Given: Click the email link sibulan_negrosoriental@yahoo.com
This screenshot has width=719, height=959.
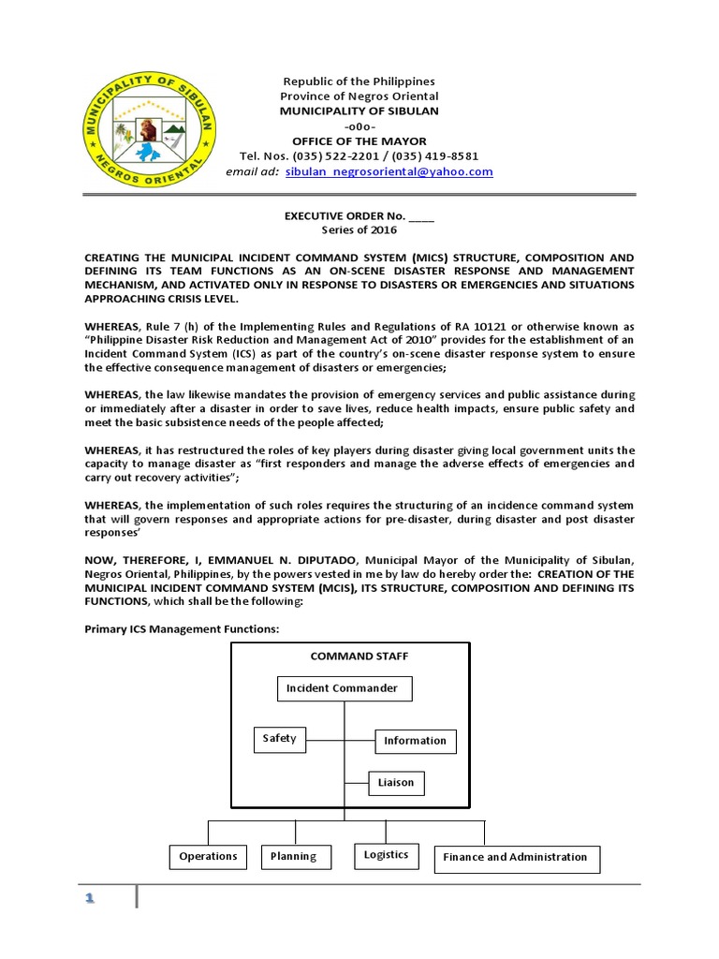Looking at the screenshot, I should (x=389, y=172).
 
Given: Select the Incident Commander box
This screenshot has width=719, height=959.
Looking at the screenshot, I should (x=345, y=688).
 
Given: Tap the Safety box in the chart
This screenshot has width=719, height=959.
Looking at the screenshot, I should (x=279, y=739).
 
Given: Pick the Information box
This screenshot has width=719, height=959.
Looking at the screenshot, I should (x=415, y=741).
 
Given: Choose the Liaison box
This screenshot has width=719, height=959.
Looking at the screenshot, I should (x=395, y=782).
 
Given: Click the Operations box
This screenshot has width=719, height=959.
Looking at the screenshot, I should (x=208, y=856).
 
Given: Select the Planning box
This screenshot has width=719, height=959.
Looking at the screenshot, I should (x=293, y=856).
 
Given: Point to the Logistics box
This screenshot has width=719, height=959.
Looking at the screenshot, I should (x=386, y=855).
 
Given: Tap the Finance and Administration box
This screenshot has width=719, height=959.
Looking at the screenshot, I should (x=515, y=857).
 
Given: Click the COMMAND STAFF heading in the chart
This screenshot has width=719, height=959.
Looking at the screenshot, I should (x=346, y=657).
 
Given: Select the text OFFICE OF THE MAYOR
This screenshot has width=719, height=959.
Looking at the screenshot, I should (x=359, y=141).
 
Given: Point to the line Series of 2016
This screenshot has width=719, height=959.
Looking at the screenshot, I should (x=359, y=230).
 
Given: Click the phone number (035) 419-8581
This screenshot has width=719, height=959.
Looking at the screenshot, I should (x=435, y=156).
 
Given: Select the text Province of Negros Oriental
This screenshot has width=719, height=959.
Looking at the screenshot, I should (x=359, y=96).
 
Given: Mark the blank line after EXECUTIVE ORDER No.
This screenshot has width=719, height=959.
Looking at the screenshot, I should (x=421, y=216).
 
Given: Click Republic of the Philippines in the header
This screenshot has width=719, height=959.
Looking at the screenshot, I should (x=359, y=81).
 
